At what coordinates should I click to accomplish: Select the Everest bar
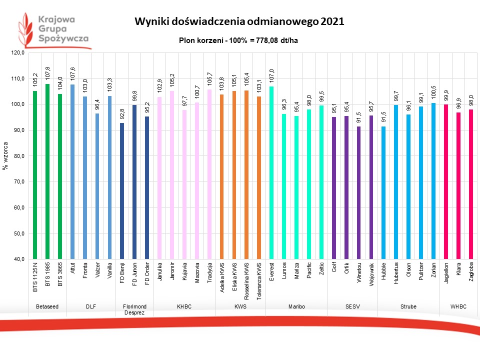click(271, 172)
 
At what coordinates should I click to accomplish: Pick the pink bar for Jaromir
click(171, 175)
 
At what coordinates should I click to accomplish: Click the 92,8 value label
click(122, 114)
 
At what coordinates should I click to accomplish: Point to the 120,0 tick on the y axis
click(17, 53)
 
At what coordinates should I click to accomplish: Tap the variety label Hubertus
click(396, 273)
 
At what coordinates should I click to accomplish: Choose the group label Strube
click(408, 305)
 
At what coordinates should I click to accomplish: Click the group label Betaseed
click(47, 305)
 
